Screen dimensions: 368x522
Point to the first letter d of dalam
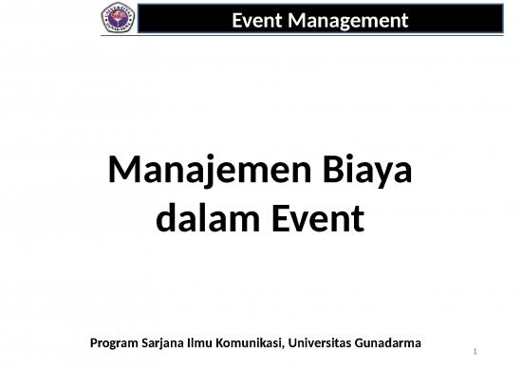point(163,219)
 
